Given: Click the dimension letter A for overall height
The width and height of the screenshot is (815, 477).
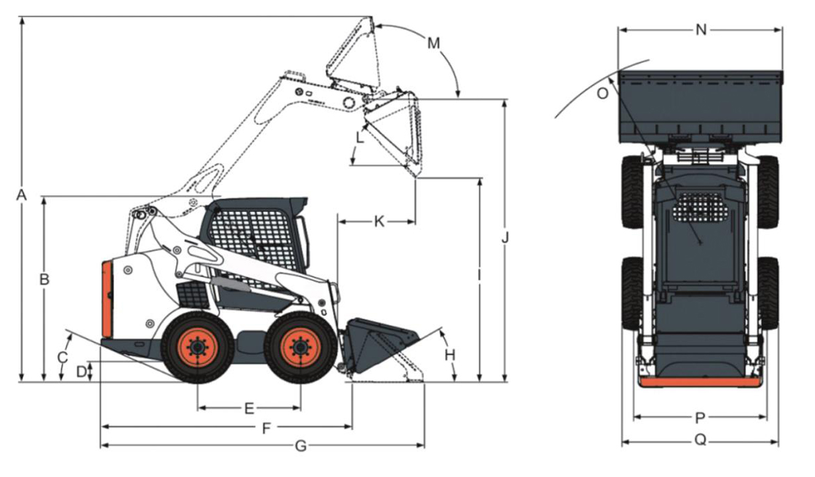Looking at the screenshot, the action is (x=21, y=195).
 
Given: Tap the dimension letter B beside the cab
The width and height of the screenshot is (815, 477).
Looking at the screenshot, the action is (x=44, y=279).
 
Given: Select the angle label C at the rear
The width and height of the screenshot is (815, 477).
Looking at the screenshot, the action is (x=62, y=357).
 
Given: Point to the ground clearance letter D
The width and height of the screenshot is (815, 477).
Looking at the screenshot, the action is (x=82, y=372).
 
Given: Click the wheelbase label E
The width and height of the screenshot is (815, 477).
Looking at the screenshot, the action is (x=249, y=409).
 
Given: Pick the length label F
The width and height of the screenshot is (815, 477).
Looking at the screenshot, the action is (x=266, y=429).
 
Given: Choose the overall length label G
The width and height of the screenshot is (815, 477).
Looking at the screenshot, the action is (x=301, y=446).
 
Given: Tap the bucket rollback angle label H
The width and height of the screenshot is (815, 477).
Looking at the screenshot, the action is (x=450, y=355).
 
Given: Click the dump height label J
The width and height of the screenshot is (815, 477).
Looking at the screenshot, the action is (x=505, y=237).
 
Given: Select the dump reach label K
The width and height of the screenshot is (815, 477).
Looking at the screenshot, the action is (x=379, y=221).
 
